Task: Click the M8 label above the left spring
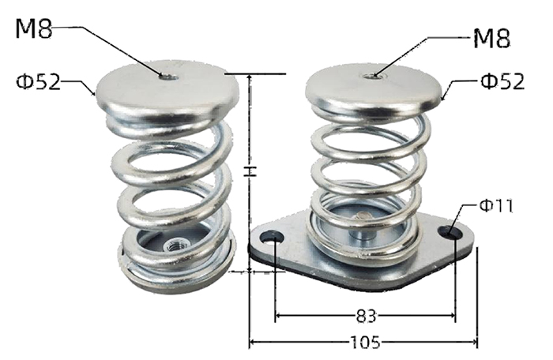(x=34, y=28)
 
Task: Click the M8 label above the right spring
(x=491, y=38)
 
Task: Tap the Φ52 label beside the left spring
(x=38, y=82)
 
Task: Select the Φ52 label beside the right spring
(x=502, y=81)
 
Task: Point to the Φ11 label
(x=496, y=205)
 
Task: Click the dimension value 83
(x=366, y=316)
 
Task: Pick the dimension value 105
(x=365, y=342)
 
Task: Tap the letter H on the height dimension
(x=250, y=171)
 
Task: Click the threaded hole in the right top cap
(x=371, y=75)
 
